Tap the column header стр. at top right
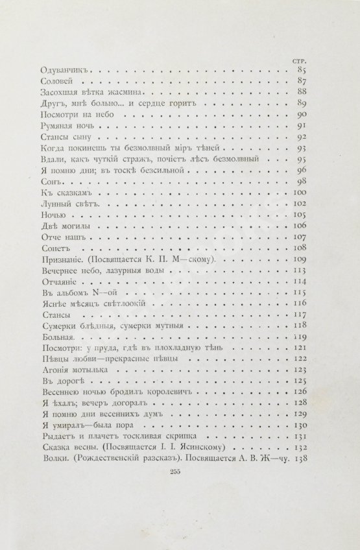[x=299, y=58]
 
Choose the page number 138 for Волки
[x=298, y=460]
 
